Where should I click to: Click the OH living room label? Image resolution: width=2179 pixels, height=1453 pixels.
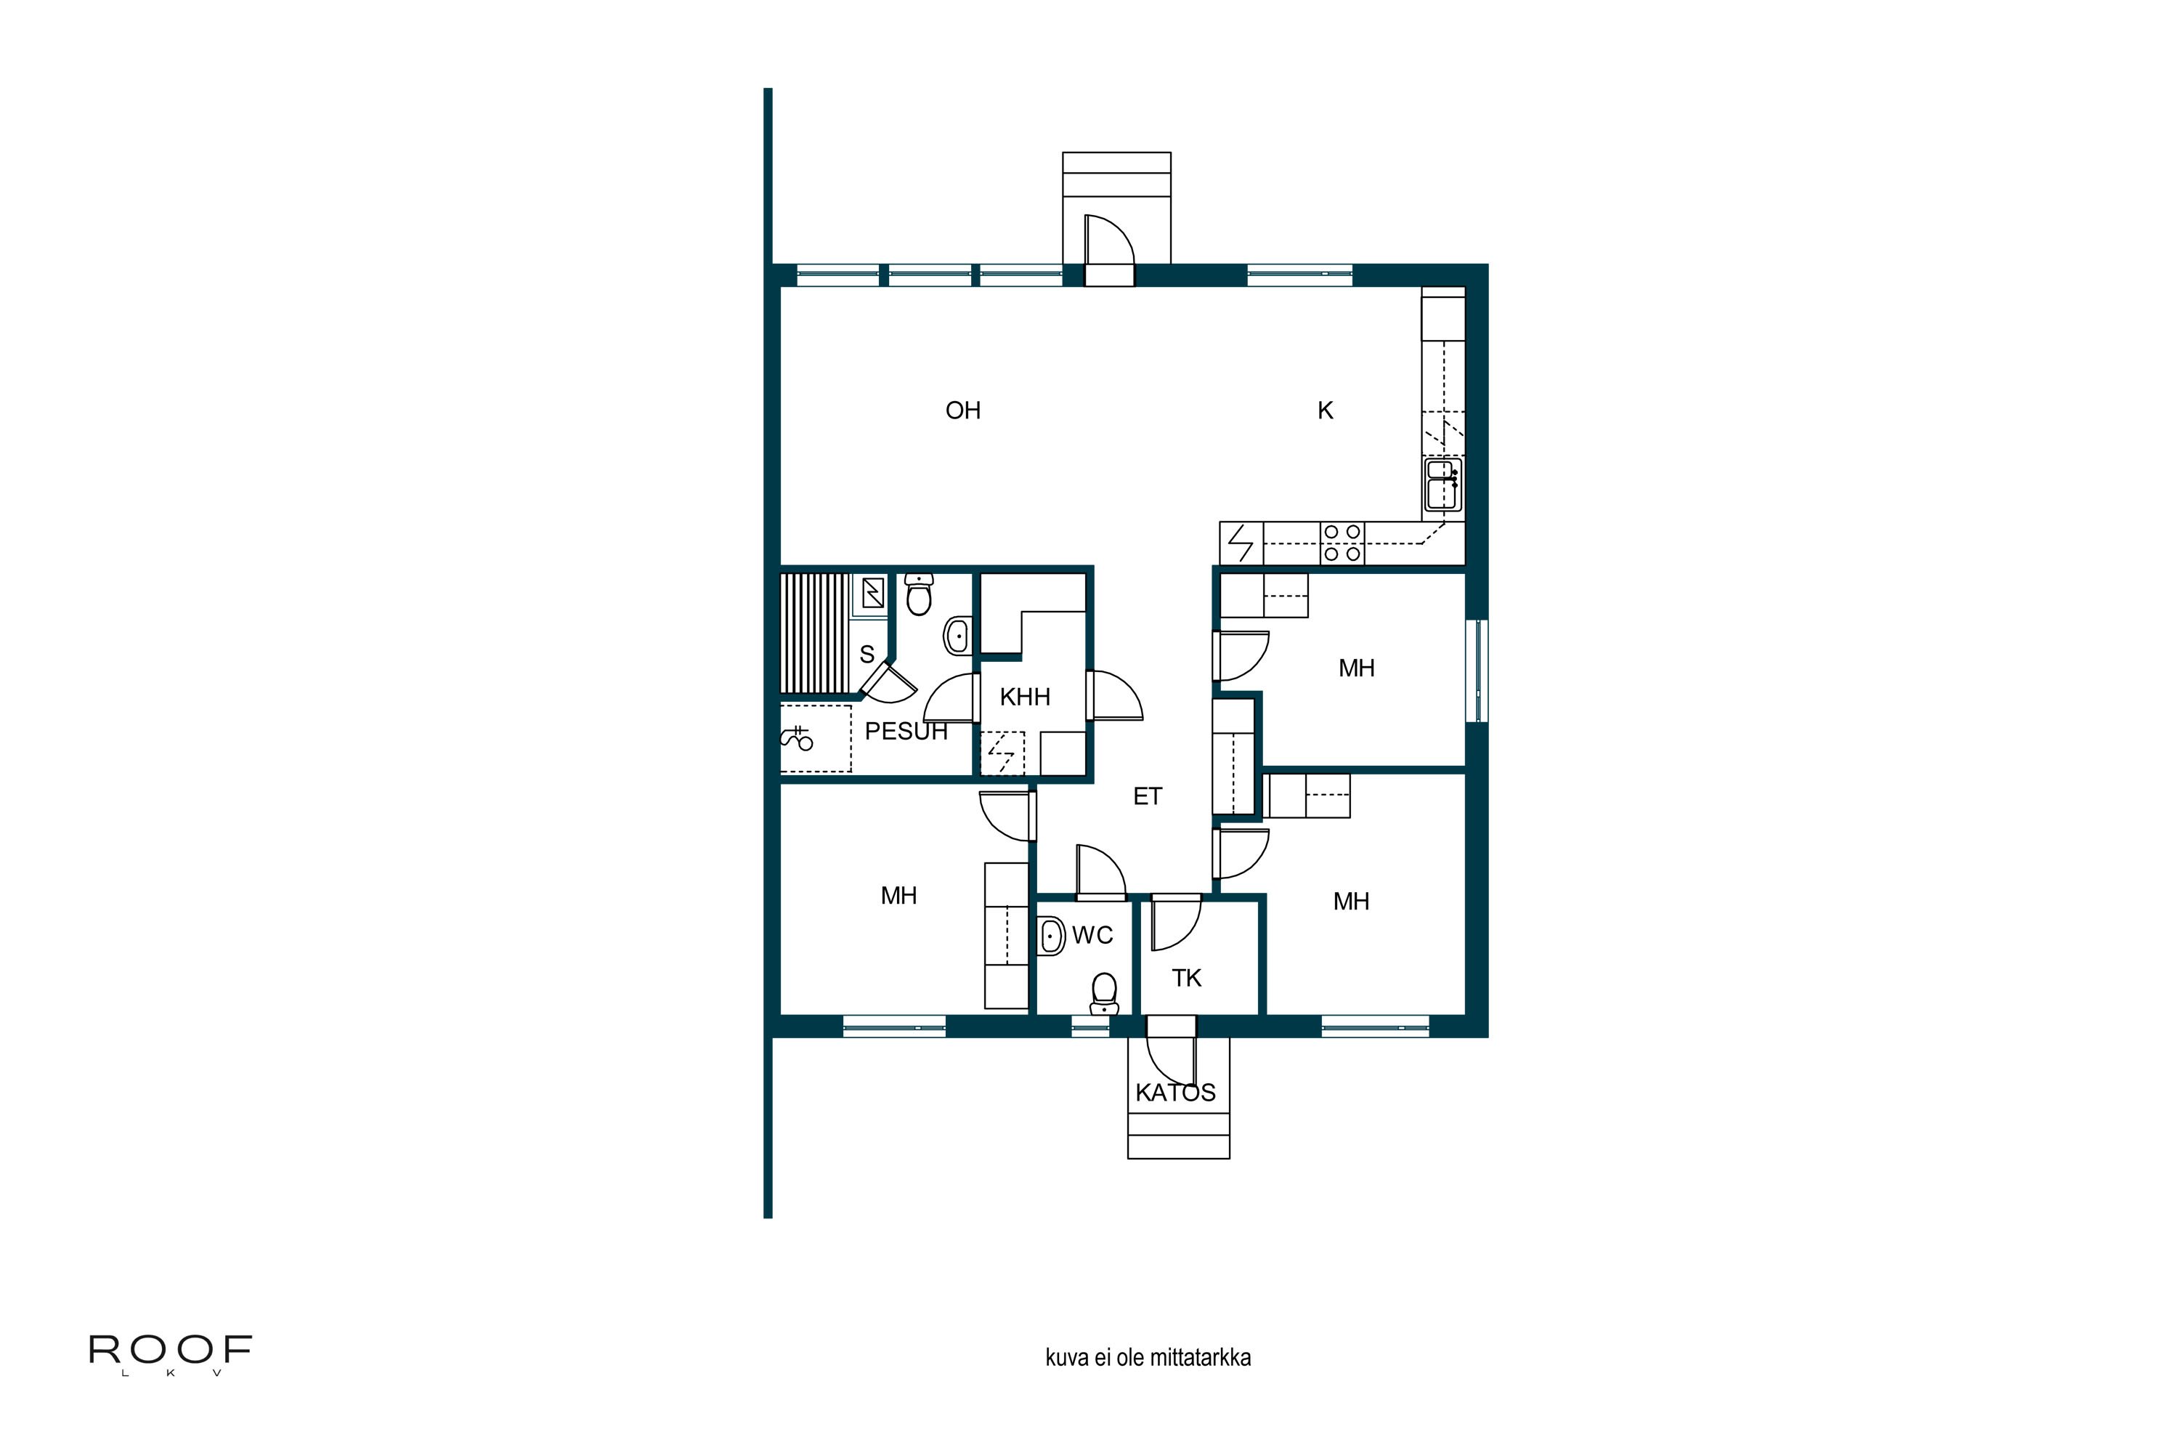tap(962, 410)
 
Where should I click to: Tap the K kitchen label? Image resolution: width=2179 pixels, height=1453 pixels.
tap(1325, 410)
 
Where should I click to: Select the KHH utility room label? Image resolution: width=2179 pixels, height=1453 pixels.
tap(1025, 697)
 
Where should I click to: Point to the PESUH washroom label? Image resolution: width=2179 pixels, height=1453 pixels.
tap(905, 731)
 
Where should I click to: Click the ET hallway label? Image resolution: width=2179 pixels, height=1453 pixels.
tap(1147, 796)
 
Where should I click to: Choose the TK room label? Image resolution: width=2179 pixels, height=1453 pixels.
tap(1186, 978)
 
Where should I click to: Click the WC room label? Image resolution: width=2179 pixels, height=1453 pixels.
tap(1092, 935)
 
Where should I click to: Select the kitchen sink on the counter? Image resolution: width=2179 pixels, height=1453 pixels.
tap(1442, 485)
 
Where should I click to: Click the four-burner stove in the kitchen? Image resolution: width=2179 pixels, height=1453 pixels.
tap(1342, 543)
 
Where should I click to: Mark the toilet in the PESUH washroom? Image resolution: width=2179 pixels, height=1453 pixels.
tap(918, 594)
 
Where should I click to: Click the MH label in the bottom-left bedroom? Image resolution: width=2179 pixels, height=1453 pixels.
tap(898, 895)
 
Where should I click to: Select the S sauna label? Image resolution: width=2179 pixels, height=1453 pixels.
tap(867, 655)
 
